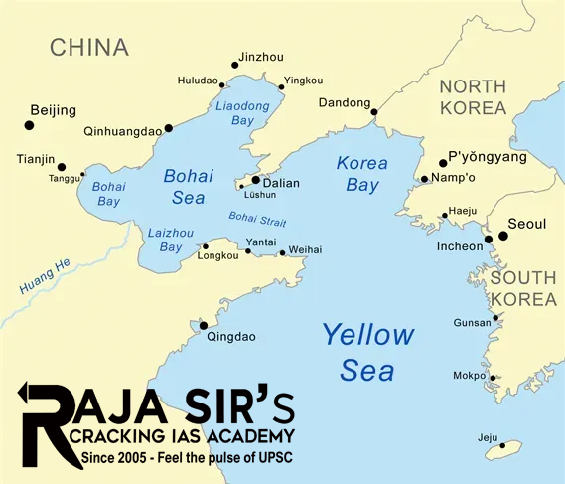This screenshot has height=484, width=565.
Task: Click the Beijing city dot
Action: point(28,125)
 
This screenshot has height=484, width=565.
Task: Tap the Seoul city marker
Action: point(503,237)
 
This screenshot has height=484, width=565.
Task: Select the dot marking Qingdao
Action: point(204,325)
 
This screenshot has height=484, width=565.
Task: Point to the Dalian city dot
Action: point(255,181)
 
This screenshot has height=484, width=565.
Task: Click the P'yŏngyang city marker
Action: point(443,163)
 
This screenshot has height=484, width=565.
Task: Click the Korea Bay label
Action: point(361,174)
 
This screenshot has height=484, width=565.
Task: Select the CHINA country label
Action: point(89,47)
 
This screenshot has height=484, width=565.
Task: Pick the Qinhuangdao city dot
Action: point(169,128)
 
